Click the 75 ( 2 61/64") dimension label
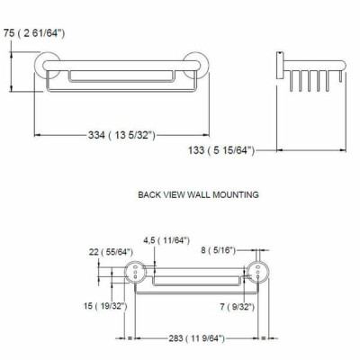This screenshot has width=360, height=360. point(34,33)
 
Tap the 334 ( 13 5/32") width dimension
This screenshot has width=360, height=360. point(121,135)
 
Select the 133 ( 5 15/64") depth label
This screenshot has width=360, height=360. point(221,150)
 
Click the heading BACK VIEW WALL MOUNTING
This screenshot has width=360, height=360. point(198,194)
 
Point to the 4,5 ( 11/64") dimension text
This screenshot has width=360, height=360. point(166,240)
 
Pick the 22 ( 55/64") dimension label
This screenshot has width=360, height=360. point(111,252)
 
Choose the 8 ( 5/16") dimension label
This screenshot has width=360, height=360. point(219,250)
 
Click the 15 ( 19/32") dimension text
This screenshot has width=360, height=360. point(105,306)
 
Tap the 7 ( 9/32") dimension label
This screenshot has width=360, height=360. point(238,307)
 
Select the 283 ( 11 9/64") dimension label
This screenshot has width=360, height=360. point(196,338)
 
